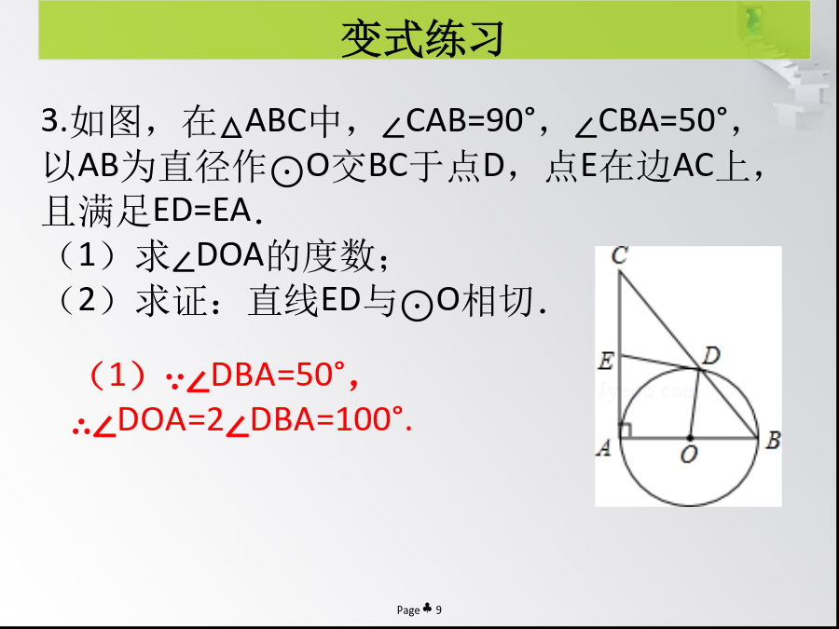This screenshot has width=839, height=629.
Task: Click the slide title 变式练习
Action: pyautogui.click(x=422, y=38)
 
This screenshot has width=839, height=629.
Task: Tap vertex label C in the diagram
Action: pyautogui.click(x=619, y=255)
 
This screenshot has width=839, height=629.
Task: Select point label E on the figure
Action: pyautogui.click(x=605, y=362)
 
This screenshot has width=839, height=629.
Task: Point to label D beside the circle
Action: pyautogui.click(x=710, y=356)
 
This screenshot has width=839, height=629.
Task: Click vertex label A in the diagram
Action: pyautogui.click(x=603, y=447)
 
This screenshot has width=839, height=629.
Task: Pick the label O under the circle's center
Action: pyautogui.click(x=689, y=454)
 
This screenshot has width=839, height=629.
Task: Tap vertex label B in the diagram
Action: pyautogui.click(x=773, y=441)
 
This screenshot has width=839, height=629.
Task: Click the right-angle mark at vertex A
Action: pyautogui.click(x=626, y=431)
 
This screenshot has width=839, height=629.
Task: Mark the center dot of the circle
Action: pyautogui.click(x=690, y=438)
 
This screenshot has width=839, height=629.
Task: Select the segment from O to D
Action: pyautogui.click(x=695, y=403)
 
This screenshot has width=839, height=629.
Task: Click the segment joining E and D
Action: pyautogui.click(x=659, y=362)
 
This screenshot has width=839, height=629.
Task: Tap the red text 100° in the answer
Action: pyautogui.click(x=370, y=419)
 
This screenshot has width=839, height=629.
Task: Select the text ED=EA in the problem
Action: pyautogui.click(x=201, y=211)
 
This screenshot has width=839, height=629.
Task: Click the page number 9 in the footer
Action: pyautogui.click(x=439, y=609)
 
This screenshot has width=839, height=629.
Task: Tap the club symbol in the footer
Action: pyautogui.click(x=428, y=608)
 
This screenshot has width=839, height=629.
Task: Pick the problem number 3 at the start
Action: pyautogui.click(x=49, y=121)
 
